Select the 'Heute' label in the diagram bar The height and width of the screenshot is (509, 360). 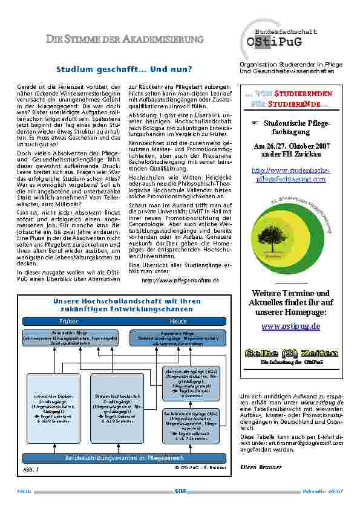(178, 322)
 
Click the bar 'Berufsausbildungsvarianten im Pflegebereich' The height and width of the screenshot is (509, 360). (123, 460)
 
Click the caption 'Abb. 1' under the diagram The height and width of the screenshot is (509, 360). (33, 468)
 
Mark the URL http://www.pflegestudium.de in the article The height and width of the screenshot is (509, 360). (180, 281)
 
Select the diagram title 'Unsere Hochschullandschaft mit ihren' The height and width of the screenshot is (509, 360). (127, 300)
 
